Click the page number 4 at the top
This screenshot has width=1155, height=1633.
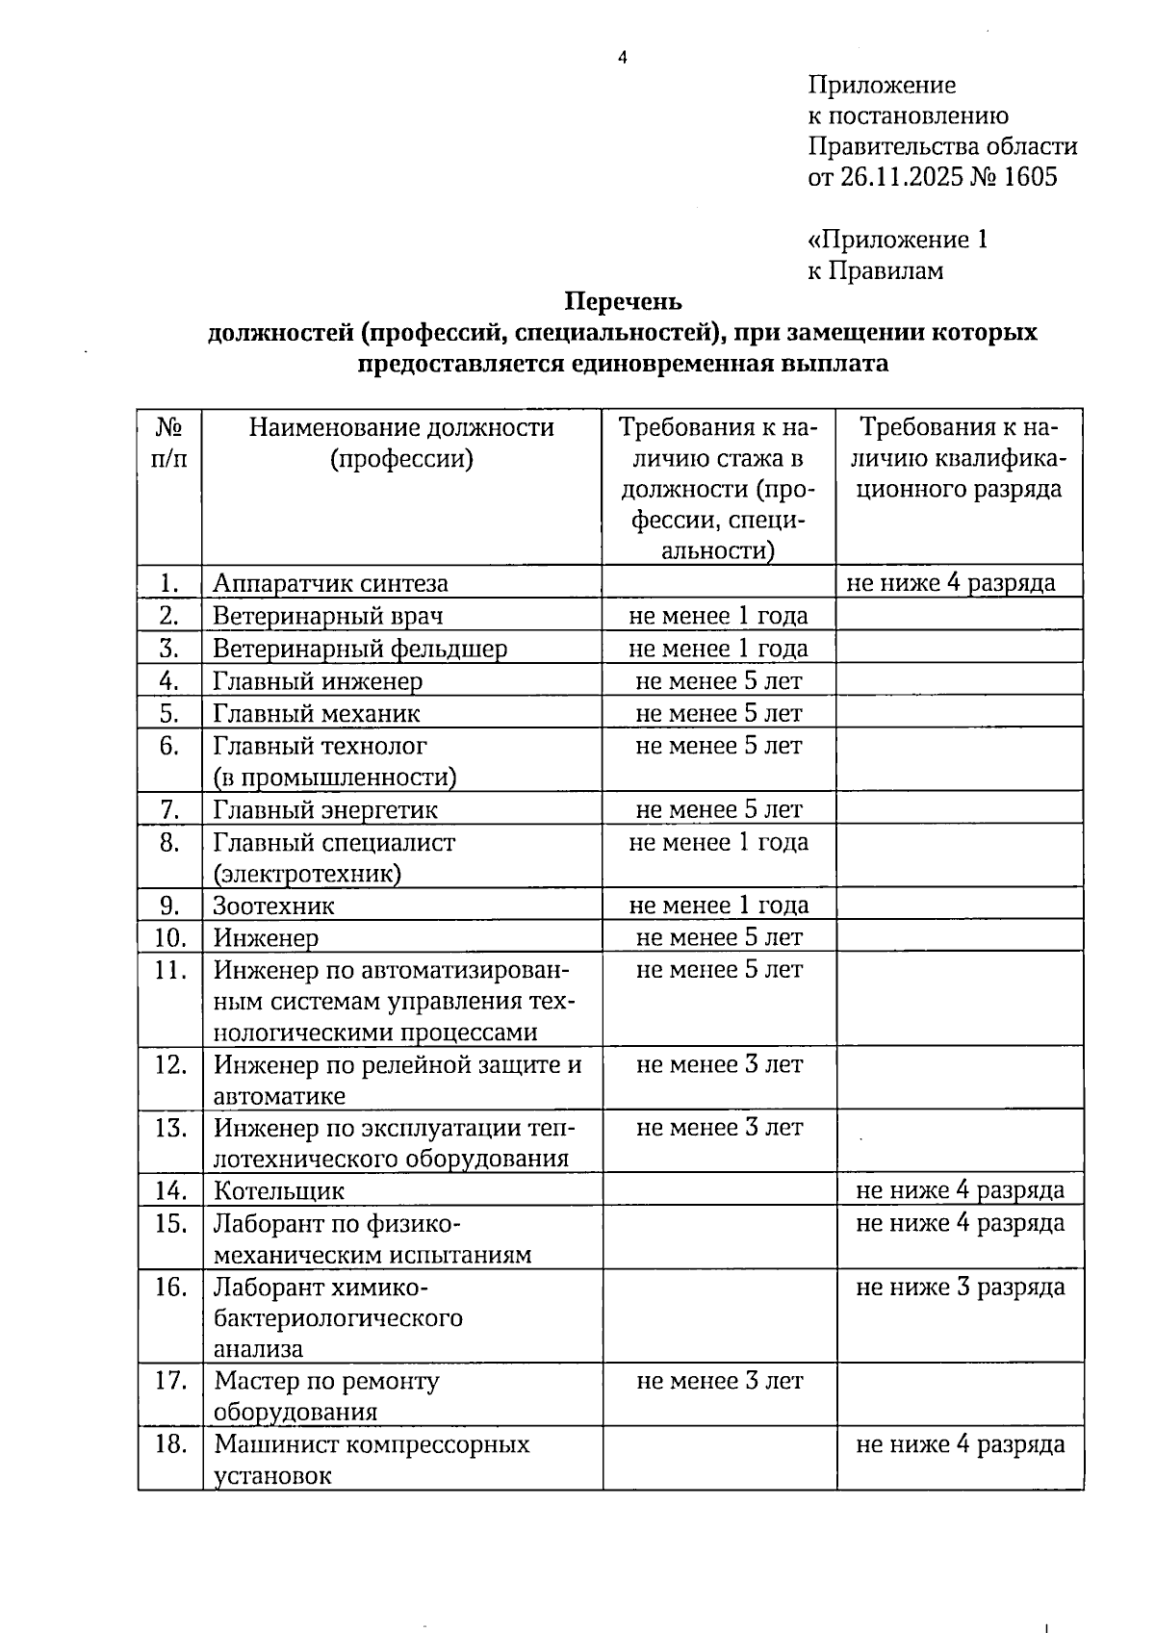pyautogui.click(x=622, y=58)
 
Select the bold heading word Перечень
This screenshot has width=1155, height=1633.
pyautogui.click(x=623, y=302)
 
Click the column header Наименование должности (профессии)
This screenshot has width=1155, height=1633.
pyautogui.click(x=401, y=443)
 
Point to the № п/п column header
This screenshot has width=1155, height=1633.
pyautogui.click(x=169, y=443)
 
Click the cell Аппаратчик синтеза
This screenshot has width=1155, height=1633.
pyautogui.click(x=330, y=583)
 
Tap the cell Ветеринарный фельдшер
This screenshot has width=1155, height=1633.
pyautogui.click(x=359, y=649)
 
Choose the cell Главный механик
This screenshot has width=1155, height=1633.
pyautogui.click(x=316, y=714)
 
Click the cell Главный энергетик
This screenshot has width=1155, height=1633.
pyautogui.click(x=324, y=810)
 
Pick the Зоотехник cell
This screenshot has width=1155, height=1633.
pyautogui.click(x=273, y=906)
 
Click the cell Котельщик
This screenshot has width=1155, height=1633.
pyautogui.click(x=278, y=1191)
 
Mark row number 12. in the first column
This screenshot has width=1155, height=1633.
pyautogui.click(x=170, y=1065)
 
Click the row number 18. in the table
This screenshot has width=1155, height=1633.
pyautogui.click(x=170, y=1444)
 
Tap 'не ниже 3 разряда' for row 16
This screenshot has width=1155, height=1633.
pyautogui.click(x=960, y=1288)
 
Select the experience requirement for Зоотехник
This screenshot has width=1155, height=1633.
pyautogui.click(x=718, y=906)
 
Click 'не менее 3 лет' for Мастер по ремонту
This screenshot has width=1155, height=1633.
pyautogui.click(x=719, y=1382)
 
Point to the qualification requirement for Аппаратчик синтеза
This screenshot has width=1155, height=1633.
pyautogui.click(x=950, y=583)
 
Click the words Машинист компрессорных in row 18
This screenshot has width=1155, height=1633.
pyautogui.click(x=372, y=1444)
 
